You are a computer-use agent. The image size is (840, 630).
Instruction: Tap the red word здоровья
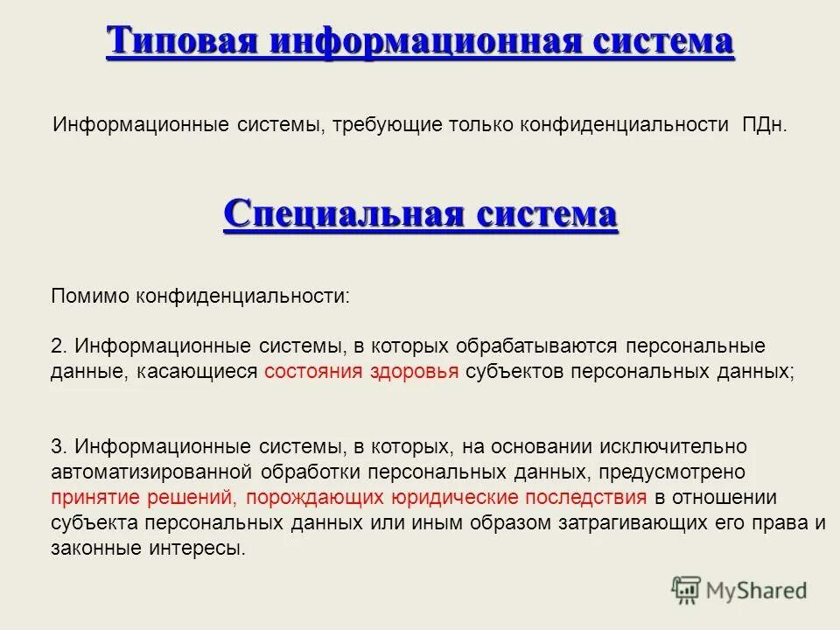coord(414,371)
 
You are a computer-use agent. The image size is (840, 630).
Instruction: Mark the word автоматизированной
coord(152,472)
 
